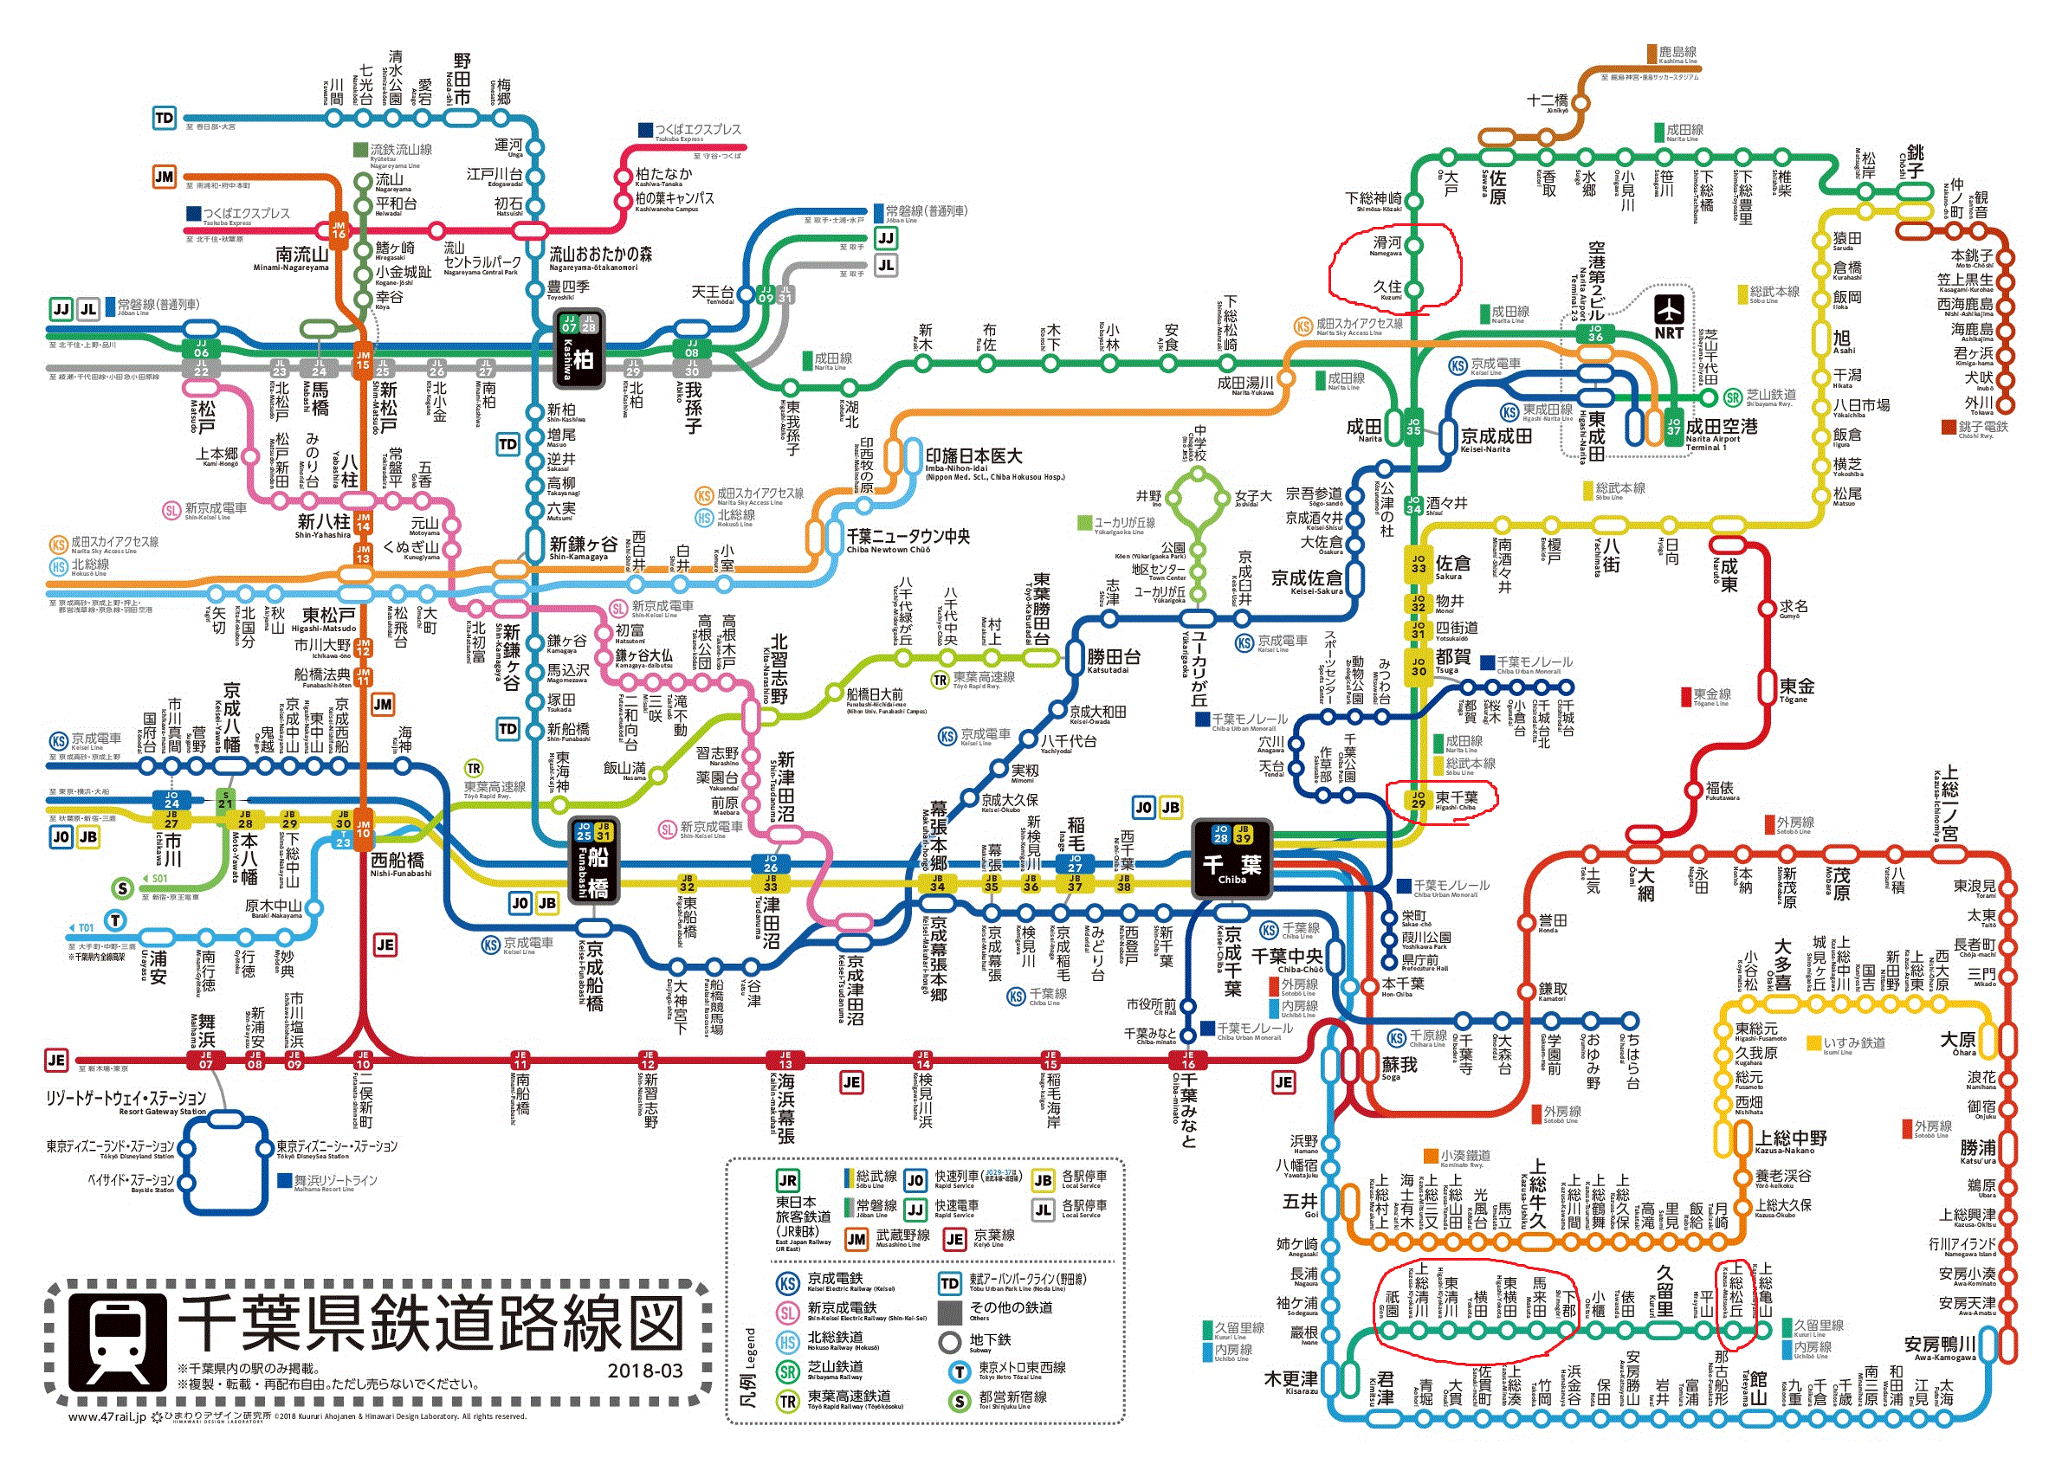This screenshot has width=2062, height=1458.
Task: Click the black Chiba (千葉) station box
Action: click(1231, 858)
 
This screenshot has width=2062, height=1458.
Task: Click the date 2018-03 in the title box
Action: click(645, 1371)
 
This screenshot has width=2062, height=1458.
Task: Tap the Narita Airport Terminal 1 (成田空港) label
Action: click(1721, 429)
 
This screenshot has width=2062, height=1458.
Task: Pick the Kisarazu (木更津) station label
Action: click(1290, 1380)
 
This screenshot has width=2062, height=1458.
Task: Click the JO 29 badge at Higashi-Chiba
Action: click(1418, 798)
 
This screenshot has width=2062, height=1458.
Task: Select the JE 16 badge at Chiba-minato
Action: click(1187, 1061)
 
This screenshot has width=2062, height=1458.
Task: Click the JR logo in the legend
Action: click(787, 1181)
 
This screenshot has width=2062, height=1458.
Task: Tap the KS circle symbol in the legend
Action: click(787, 1283)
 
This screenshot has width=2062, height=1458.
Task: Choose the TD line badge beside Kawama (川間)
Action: click(165, 118)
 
